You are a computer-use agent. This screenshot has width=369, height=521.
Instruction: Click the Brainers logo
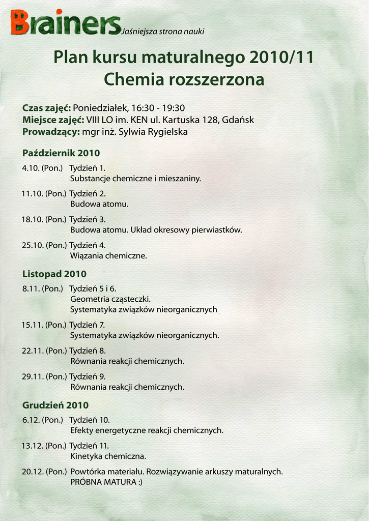click(65, 23)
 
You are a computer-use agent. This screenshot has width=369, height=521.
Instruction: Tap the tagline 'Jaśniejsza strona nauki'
click(163, 32)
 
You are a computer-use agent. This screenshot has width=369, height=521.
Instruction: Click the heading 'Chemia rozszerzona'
click(184, 80)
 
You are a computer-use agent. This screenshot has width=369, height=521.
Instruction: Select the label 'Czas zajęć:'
click(46, 108)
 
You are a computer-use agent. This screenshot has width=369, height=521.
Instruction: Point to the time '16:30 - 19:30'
click(158, 108)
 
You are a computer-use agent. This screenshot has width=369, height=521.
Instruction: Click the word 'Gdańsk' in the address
click(238, 120)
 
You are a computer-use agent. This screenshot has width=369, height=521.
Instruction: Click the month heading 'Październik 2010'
click(61, 153)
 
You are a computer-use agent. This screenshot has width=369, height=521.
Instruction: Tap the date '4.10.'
click(31, 168)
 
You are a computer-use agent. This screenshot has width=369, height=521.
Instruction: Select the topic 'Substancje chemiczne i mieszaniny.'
click(135, 179)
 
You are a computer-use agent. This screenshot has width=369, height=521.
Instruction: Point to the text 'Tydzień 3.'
click(88, 220)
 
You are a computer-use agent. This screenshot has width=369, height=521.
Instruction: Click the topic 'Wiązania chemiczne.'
click(108, 256)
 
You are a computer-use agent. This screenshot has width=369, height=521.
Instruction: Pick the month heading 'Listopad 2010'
click(54, 274)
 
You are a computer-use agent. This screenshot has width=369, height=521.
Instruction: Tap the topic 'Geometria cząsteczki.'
click(110, 299)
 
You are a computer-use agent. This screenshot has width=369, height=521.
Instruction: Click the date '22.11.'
click(33, 351)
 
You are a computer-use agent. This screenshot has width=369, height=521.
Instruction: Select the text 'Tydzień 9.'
click(88, 377)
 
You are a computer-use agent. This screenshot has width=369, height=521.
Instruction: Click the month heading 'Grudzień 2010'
click(55, 406)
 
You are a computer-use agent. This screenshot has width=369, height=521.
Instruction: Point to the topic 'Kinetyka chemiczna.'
click(108, 456)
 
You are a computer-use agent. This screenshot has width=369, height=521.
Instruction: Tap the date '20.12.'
click(33, 472)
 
